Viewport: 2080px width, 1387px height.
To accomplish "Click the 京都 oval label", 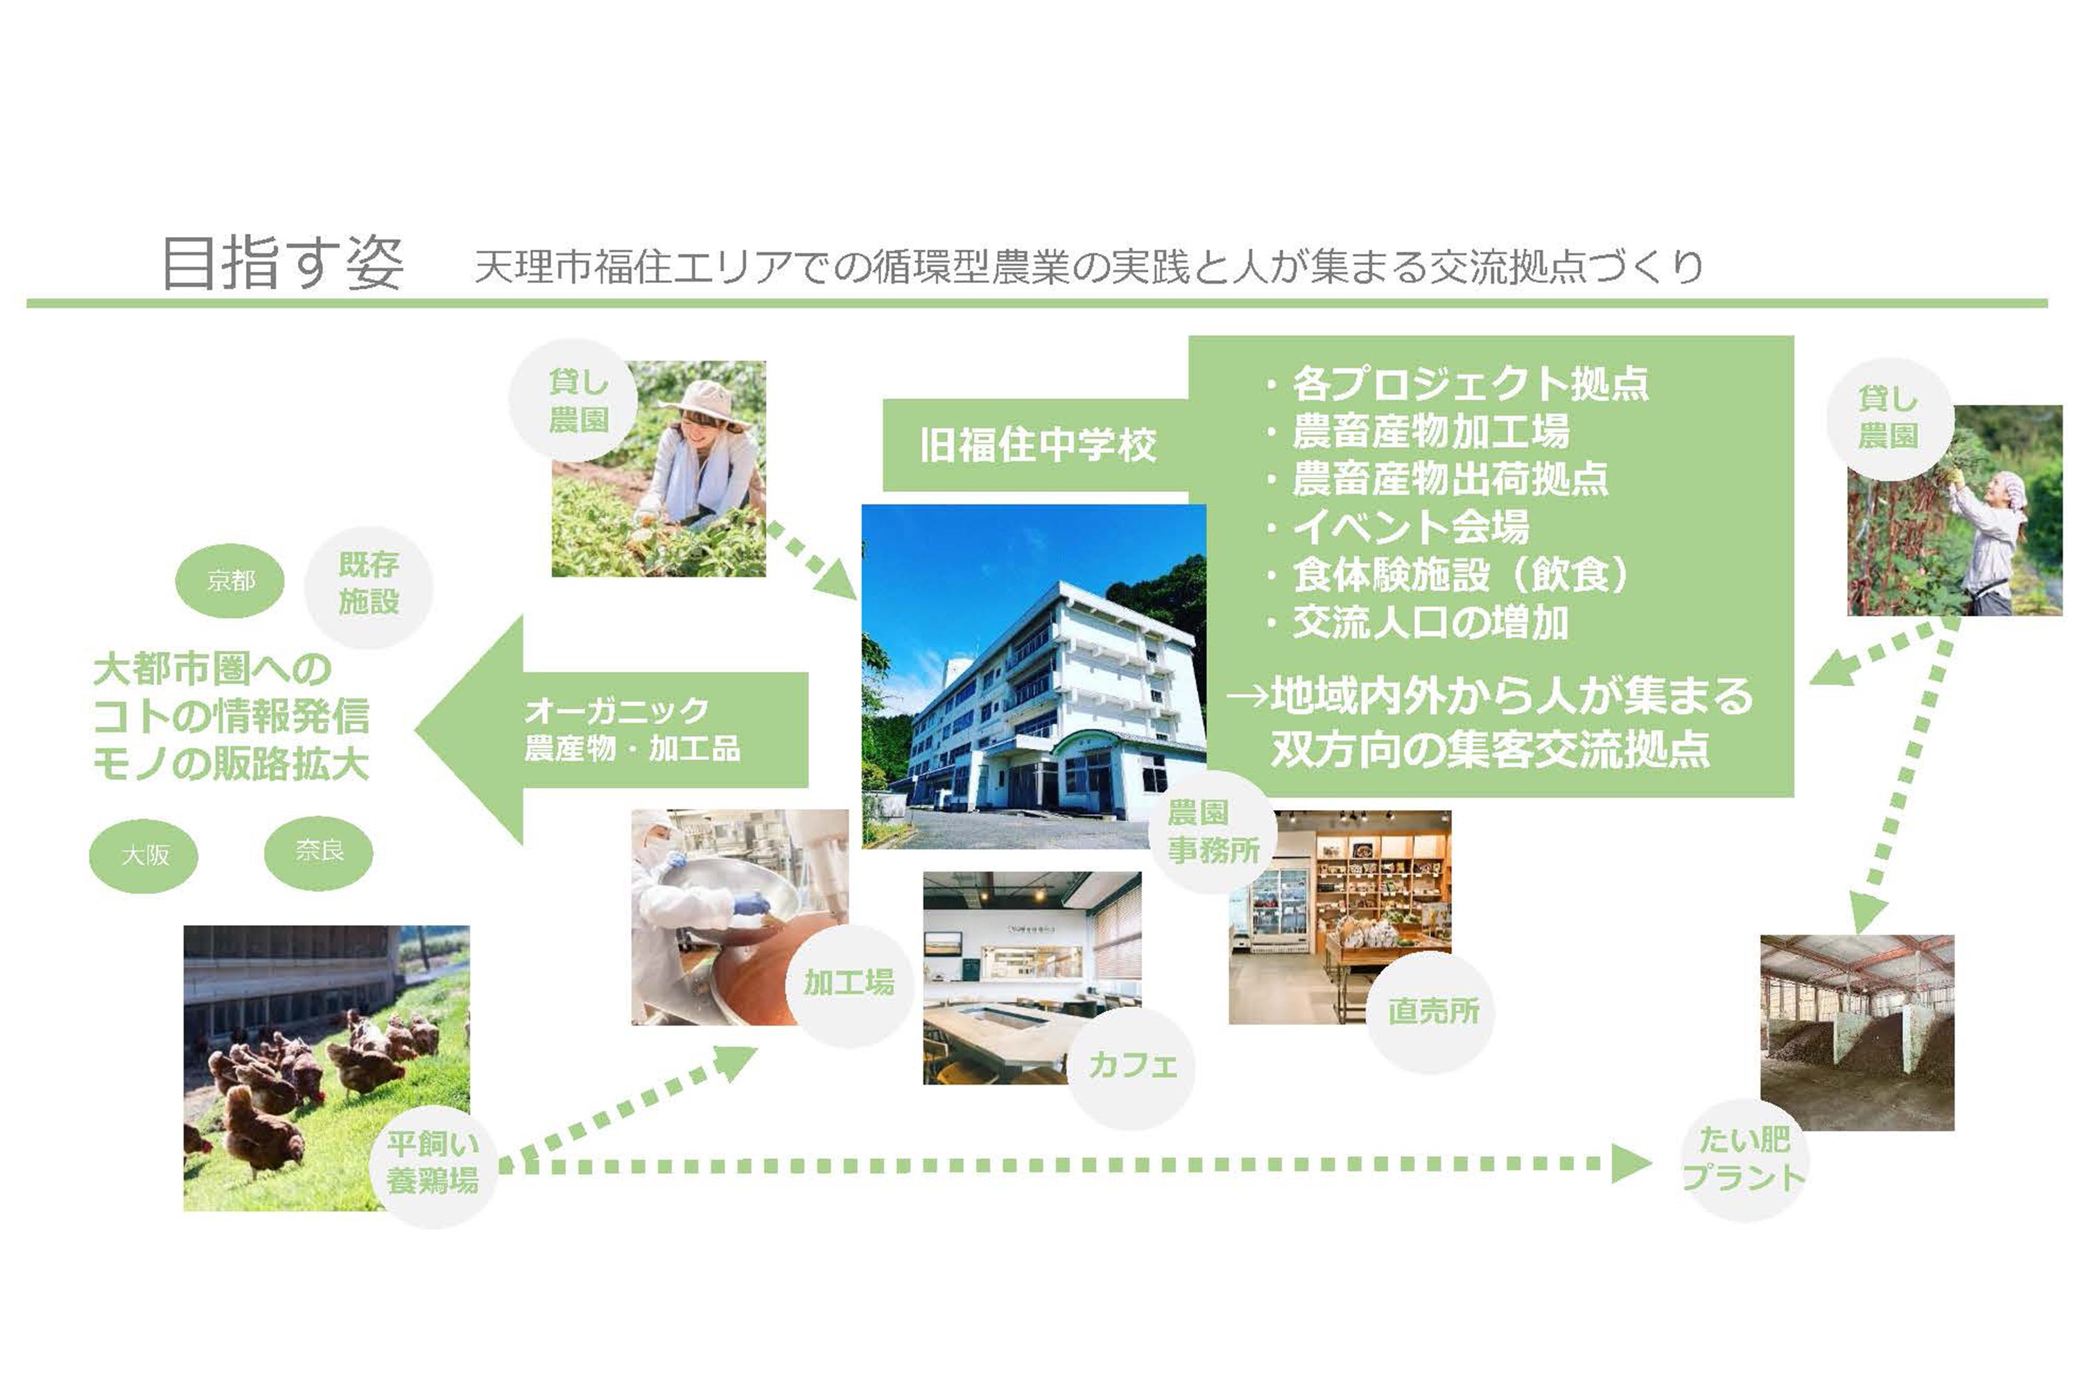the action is click(x=230, y=580).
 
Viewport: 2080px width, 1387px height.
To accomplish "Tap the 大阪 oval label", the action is click(x=144, y=854).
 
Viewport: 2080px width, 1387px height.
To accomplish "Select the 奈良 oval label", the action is click(x=318, y=851).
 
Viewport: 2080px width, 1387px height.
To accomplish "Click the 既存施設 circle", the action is click(x=369, y=584).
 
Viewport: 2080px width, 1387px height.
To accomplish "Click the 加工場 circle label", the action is click(x=848, y=983).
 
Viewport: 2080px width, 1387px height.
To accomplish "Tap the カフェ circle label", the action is click(x=1132, y=1065).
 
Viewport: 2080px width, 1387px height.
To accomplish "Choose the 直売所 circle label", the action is click(x=1432, y=1012).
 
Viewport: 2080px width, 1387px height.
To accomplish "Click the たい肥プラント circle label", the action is click(x=1743, y=1159).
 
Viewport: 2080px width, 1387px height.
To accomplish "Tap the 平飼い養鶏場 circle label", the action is click(x=433, y=1164).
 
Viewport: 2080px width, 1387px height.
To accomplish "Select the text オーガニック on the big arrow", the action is click(x=616, y=709).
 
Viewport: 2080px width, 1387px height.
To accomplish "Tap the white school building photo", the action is click(x=1034, y=677).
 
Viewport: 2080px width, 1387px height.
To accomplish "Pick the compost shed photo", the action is click(x=1857, y=1033).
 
